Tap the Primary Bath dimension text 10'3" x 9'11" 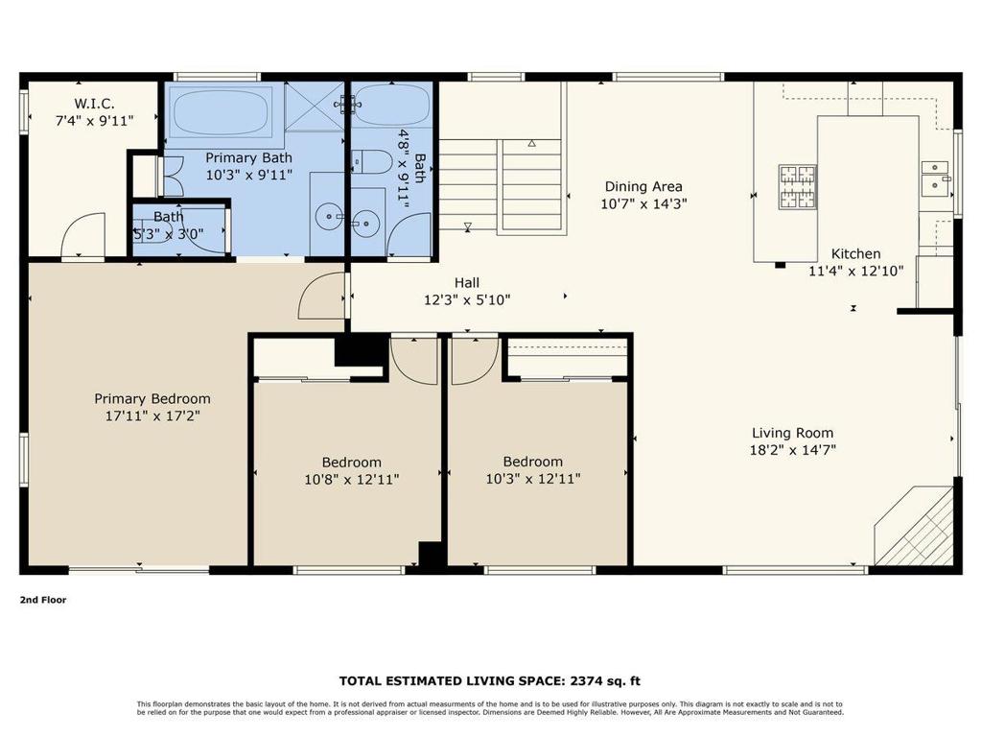(x=249, y=175)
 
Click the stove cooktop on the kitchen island (x=797, y=187)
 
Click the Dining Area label (x=643, y=186)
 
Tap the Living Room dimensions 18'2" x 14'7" (x=792, y=450)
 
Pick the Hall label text (x=467, y=282)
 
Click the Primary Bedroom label (x=152, y=398)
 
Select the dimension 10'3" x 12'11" (x=532, y=479)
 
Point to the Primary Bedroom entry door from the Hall (x=324, y=296)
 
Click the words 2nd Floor (x=43, y=600)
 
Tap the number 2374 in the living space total (x=583, y=680)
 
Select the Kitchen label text (x=855, y=254)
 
